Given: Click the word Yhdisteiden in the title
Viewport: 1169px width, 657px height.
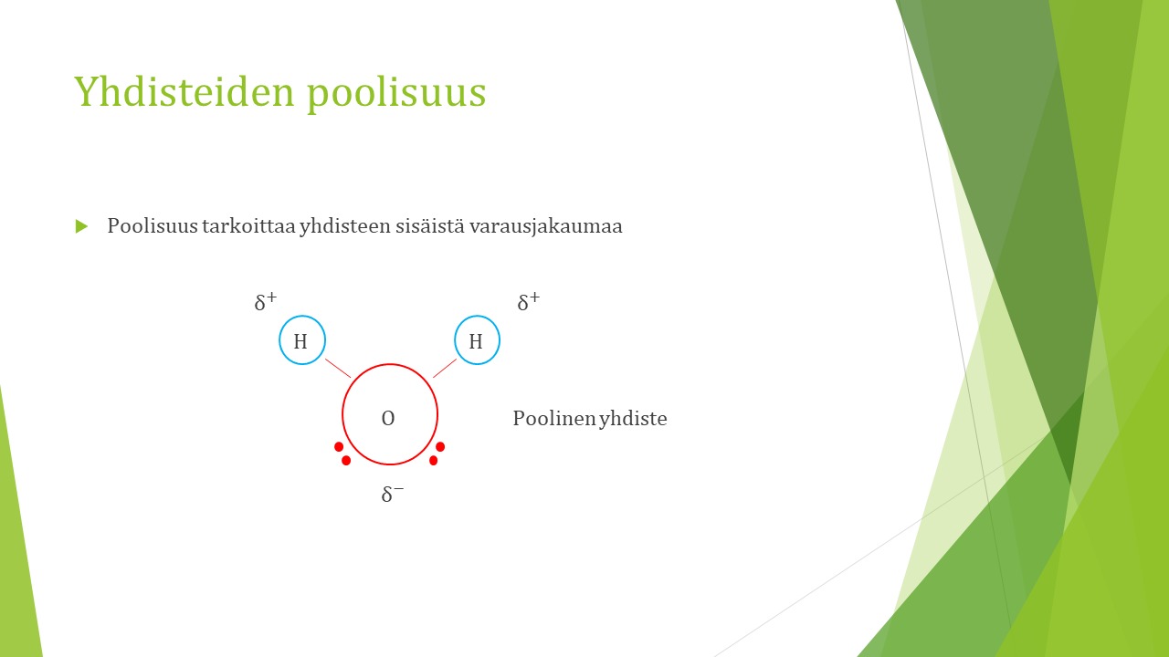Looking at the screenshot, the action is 184,91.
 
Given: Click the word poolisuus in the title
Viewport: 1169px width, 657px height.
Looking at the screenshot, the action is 396,93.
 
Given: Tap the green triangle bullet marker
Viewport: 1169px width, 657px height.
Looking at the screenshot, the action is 81,226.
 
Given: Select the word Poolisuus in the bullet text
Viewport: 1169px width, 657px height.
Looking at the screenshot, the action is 153,226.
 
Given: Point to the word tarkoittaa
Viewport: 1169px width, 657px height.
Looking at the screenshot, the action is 248,226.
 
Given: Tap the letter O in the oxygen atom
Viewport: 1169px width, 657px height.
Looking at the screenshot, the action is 388,418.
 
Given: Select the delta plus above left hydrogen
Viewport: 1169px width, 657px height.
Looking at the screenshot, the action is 266,301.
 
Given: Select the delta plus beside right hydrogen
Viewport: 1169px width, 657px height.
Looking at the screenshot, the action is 529,301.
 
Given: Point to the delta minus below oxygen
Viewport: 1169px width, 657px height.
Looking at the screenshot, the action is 393,494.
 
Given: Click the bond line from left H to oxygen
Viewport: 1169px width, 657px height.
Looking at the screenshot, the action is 338,368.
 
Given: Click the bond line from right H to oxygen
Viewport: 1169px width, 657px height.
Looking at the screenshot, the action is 445,368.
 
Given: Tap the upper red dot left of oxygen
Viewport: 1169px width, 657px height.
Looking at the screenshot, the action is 339,447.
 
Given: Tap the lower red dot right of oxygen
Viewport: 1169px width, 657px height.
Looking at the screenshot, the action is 433,461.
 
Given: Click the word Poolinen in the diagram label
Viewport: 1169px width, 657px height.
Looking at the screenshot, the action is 554,418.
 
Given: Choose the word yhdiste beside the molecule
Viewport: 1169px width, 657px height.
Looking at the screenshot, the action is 633,419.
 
